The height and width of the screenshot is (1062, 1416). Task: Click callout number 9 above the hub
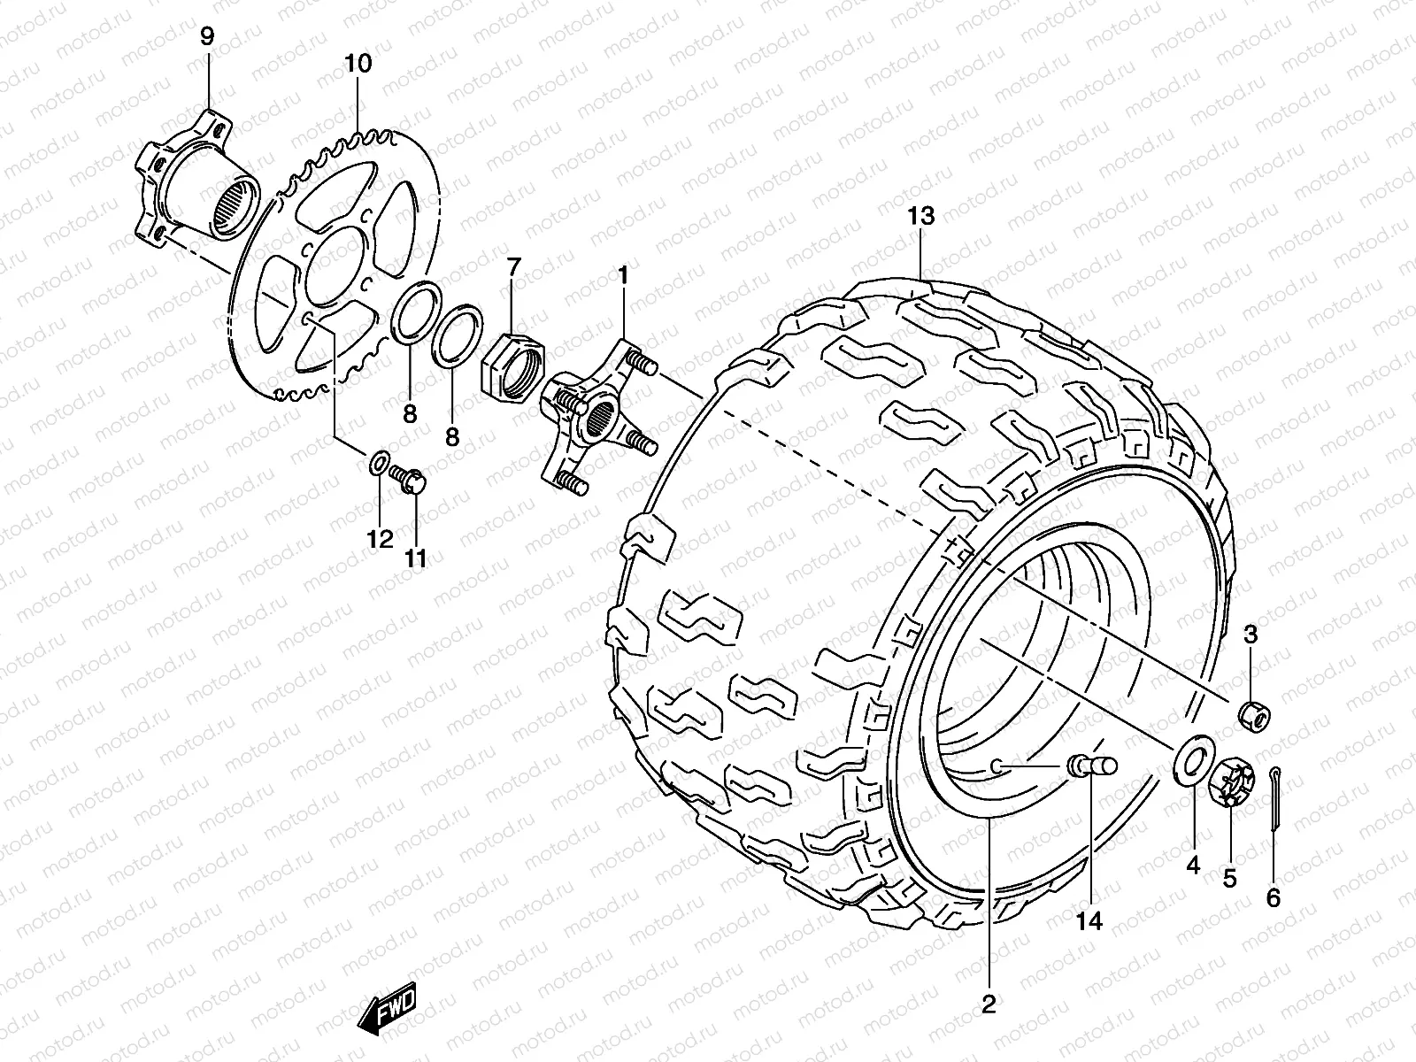pyautogui.click(x=206, y=36)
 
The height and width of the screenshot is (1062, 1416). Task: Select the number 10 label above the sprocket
pyautogui.click(x=358, y=63)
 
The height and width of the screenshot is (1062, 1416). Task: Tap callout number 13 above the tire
pyautogui.click(x=920, y=216)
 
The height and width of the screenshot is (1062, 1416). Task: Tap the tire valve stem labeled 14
pyautogui.click(x=1094, y=766)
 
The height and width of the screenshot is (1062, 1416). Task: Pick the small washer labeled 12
pyautogui.click(x=377, y=463)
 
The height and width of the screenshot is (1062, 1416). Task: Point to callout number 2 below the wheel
pyautogui.click(x=989, y=1004)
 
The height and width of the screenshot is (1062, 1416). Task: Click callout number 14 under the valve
pyautogui.click(x=1089, y=921)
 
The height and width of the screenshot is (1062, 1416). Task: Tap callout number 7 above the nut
pyautogui.click(x=514, y=266)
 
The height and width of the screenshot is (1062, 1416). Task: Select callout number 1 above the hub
pyautogui.click(x=622, y=275)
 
